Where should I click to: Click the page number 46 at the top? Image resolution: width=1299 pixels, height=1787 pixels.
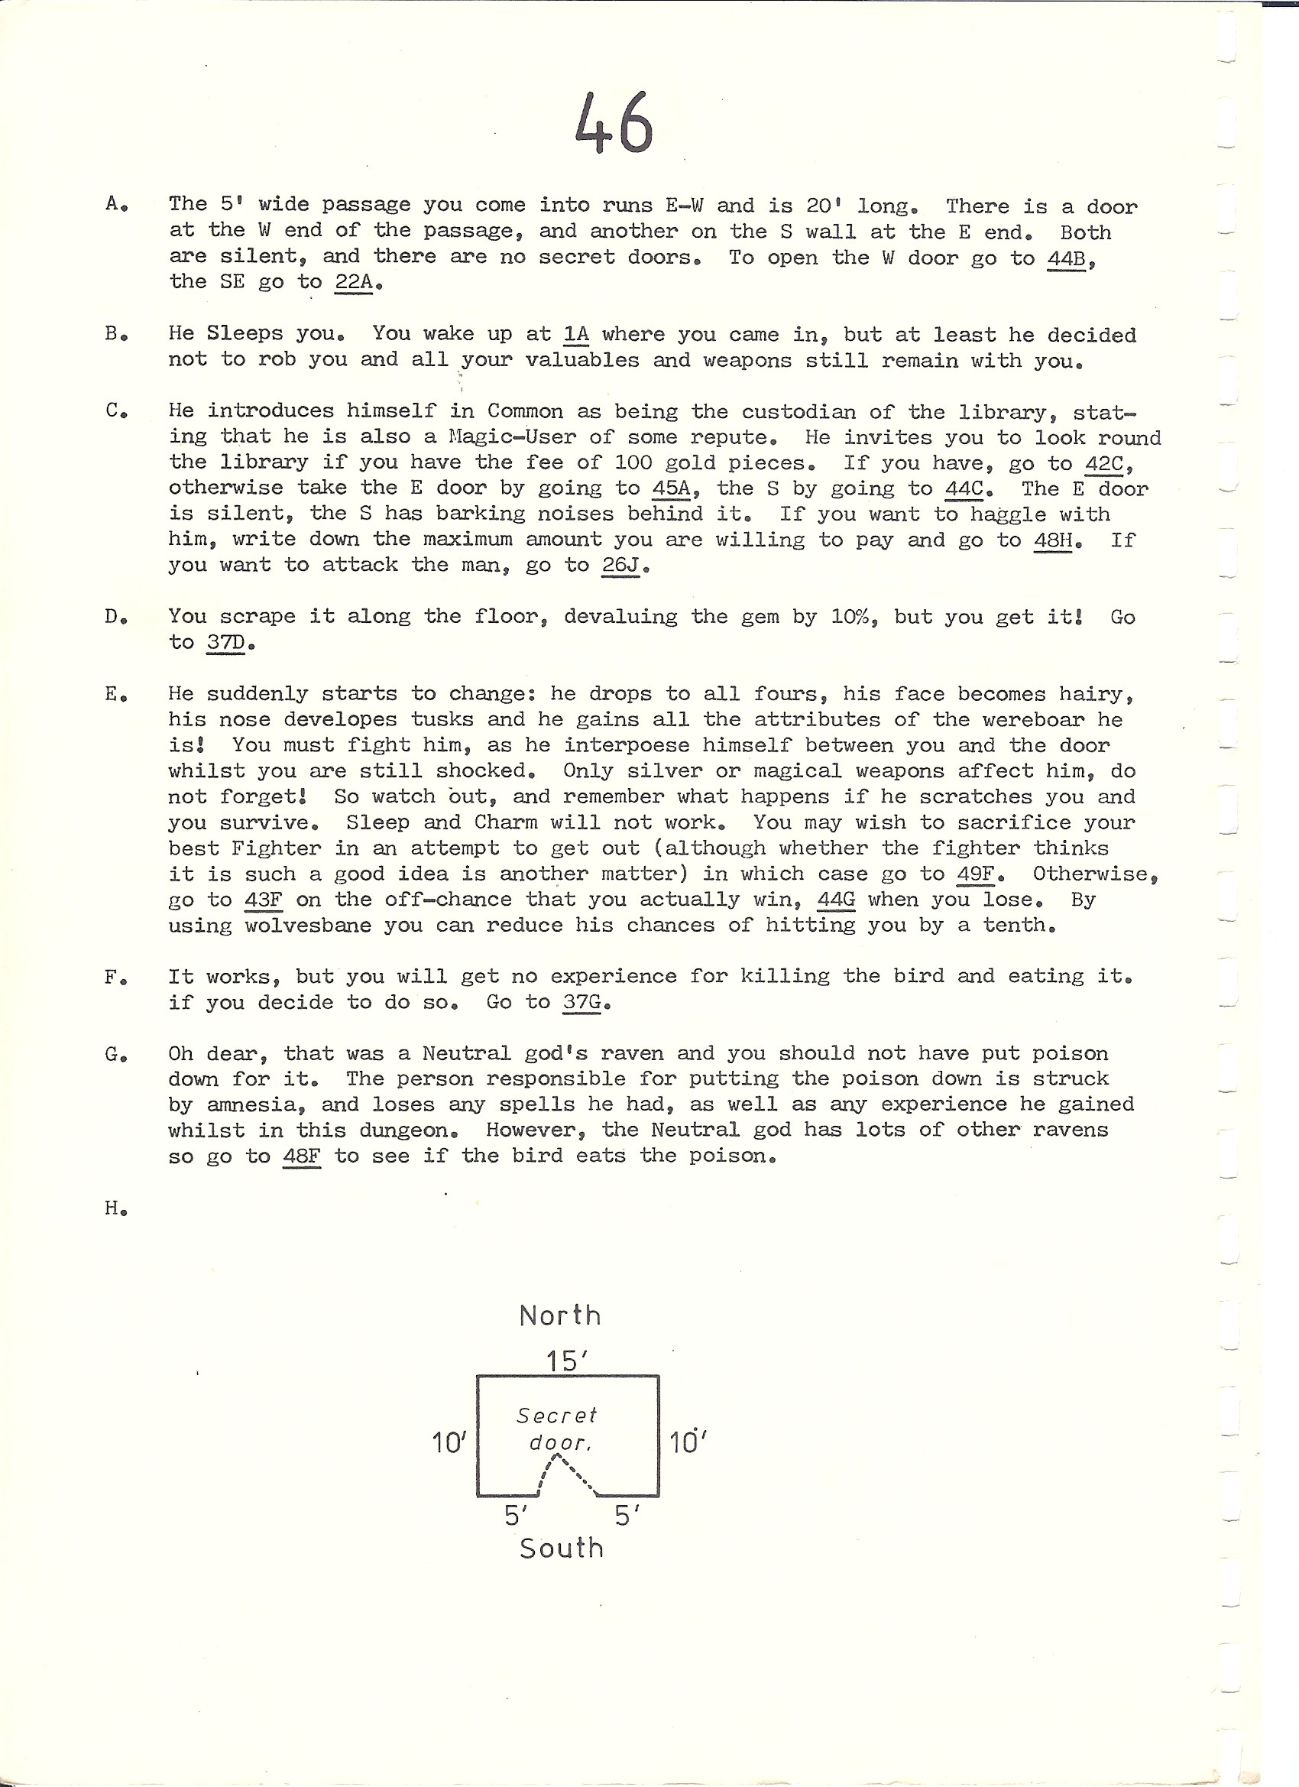click(x=614, y=123)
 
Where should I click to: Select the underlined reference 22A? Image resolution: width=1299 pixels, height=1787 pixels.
click(x=354, y=282)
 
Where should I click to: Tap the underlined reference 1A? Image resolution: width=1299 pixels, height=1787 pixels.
click(x=576, y=334)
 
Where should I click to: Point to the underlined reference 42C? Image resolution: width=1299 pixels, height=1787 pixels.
click(x=1104, y=462)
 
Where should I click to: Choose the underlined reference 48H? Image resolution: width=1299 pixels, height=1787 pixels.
click(x=1053, y=540)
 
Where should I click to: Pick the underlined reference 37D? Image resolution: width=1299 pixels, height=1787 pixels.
click(x=225, y=642)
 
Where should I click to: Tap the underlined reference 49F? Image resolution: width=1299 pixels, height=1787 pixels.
click(x=975, y=874)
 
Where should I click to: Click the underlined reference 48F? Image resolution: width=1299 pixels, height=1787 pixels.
click(x=302, y=1156)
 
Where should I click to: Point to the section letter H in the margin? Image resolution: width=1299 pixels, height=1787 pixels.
click(x=112, y=1208)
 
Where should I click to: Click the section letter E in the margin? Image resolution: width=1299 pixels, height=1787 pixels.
click(x=112, y=694)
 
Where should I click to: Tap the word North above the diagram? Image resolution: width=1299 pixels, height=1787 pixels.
click(x=560, y=1315)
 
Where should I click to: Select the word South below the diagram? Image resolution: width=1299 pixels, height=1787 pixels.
click(x=562, y=1549)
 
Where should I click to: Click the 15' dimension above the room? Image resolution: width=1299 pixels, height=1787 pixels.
click(x=566, y=1360)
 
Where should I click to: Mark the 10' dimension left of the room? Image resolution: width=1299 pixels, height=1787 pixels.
click(x=449, y=1443)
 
